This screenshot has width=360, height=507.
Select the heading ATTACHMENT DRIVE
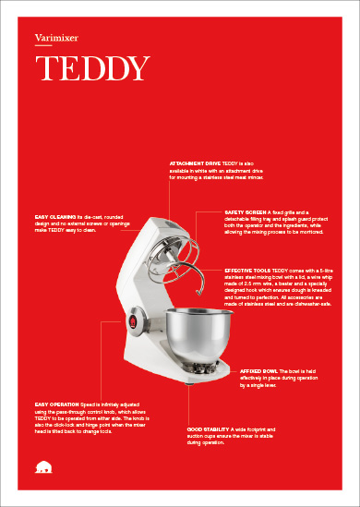(195, 162)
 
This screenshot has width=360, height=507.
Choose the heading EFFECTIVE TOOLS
(247, 270)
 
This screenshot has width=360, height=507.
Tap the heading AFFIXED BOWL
(257, 369)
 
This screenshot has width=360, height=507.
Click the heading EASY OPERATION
(54, 404)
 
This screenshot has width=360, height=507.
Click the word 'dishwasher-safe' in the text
(306, 304)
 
